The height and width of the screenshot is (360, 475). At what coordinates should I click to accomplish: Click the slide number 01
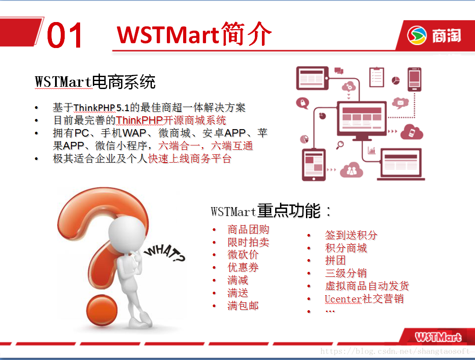pos(64,35)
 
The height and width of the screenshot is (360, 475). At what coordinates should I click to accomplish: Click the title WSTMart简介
pos(194,34)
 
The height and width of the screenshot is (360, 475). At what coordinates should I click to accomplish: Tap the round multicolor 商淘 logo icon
pos(417,35)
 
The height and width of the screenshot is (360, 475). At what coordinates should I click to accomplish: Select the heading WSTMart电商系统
pos(95,82)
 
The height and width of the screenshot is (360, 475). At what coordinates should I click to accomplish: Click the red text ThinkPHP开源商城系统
pos(171,120)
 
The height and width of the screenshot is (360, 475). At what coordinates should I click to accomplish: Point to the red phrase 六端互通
pos(232,146)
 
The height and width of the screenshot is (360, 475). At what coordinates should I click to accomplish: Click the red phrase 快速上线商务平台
pos(190,159)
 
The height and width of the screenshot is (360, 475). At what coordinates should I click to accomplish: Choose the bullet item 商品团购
pos(248,230)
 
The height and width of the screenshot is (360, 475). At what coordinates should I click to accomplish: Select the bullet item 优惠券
pos(243,267)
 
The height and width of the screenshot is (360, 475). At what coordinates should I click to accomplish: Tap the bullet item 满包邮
pos(243,306)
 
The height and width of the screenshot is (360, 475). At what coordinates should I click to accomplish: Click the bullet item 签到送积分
pos(351,235)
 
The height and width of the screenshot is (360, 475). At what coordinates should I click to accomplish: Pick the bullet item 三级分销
pos(346,273)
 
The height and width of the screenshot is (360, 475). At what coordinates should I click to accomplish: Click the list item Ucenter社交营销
pos(364,299)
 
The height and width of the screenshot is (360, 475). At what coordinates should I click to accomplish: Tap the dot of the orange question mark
pos(102,310)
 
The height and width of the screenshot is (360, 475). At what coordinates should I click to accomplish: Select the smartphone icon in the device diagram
pos(414,79)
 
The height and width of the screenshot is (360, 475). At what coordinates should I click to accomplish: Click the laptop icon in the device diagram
pos(401,164)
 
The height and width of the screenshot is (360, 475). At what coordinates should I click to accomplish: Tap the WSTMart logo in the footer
pos(438,337)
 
